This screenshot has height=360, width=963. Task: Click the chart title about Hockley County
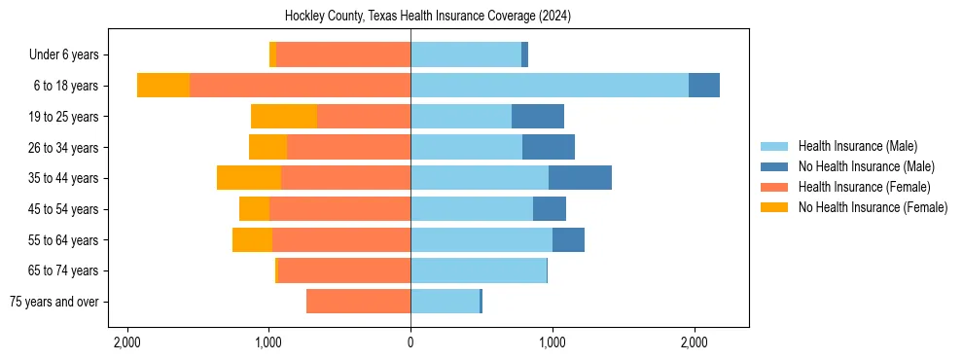click(x=428, y=17)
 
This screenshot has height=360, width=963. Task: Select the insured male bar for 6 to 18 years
click(x=550, y=86)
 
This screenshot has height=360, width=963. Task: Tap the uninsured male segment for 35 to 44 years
click(x=580, y=178)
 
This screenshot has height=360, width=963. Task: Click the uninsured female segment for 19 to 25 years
click(x=284, y=117)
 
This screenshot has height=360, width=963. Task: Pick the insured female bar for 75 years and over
click(x=358, y=302)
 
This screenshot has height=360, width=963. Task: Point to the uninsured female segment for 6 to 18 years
click(x=163, y=86)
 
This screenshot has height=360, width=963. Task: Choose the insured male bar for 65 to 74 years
click(x=479, y=270)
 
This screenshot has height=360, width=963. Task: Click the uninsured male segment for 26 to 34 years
click(x=549, y=148)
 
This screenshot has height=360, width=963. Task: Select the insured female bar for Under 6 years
click(x=343, y=54)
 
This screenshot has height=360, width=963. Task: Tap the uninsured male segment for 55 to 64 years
click(x=568, y=240)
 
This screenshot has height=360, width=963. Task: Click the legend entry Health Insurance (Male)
click(x=857, y=146)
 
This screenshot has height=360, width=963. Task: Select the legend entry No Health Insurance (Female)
click(x=873, y=207)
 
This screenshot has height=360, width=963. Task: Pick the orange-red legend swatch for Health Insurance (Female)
click(x=774, y=187)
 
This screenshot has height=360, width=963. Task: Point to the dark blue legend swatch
click(x=774, y=166)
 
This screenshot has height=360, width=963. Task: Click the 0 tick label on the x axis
click(x=410, y=342)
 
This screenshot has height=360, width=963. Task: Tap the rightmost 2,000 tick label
click(x=694, y=342)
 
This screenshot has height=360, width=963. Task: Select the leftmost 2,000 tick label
click(x=127, y=342)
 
